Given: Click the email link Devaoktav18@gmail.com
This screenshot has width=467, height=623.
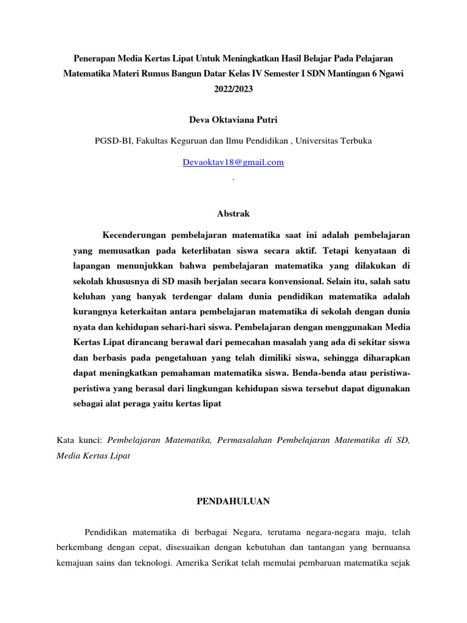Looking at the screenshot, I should tap(233, 162).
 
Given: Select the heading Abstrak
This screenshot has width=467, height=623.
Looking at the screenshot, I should tap(233, 214).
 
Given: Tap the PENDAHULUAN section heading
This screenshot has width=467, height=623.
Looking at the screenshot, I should tap(233, 501).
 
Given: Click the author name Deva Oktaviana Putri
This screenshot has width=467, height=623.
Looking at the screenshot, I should tap(233, 120).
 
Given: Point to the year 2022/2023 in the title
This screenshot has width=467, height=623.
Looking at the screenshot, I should tap(233, 89).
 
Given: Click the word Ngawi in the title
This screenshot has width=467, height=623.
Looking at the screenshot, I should tap(390, 74).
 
